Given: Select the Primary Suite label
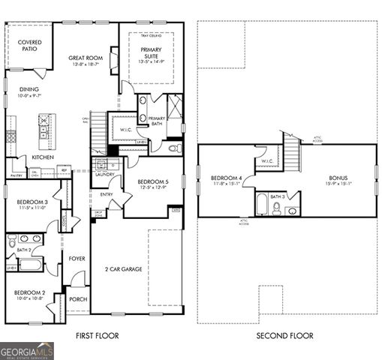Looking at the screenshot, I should (151, 52).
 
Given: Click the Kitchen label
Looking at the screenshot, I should (41, 157).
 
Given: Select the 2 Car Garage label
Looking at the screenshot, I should (123, 268).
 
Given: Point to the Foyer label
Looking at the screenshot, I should (77, 259).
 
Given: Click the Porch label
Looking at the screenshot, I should (77, 299).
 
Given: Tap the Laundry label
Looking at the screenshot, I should (104, 175).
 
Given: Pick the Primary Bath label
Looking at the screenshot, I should (156, 121).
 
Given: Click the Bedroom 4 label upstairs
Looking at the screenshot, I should (226, 180).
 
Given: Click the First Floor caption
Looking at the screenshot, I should (98, 336).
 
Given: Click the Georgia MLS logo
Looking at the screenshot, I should (27, 351).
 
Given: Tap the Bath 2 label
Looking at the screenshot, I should (23, 250).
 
